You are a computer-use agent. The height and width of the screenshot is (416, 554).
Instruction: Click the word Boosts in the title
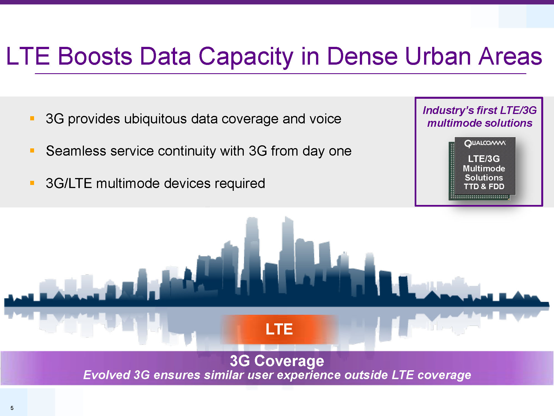[x=95, y=56]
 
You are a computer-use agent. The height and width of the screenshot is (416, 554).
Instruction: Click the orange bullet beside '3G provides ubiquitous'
[x=32, y=118]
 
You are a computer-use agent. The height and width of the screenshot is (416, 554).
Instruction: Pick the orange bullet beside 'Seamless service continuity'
[x=32, y=151]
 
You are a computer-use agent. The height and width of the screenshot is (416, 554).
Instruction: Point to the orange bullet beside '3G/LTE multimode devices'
[x=32, y=183]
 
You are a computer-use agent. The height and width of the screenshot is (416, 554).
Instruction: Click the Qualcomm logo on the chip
[x=485, y=143]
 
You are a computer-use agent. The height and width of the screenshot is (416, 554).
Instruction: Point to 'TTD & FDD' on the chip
[x=484, y=186]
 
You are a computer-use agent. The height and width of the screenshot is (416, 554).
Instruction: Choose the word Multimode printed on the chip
[x=484, y=168]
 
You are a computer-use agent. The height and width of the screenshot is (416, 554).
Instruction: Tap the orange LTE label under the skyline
[x=279, y=329]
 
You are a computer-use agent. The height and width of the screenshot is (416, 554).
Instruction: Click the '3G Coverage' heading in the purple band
[x=277, y=361]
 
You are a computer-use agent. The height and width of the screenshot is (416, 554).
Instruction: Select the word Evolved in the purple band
[x=107, y=375]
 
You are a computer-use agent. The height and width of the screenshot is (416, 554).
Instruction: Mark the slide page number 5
[x=12, y=408]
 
